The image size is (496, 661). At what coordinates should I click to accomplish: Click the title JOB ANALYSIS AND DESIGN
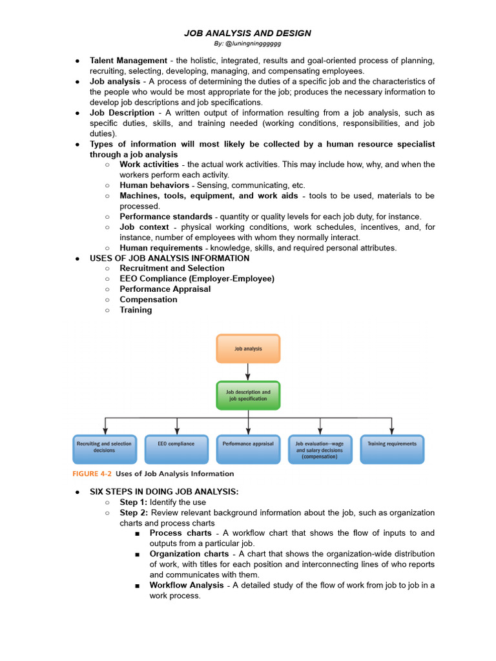248,33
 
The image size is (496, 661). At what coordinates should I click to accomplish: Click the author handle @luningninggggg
247,44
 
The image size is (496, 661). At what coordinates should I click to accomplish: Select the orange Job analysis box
248,349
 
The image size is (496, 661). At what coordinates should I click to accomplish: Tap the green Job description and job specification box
248,395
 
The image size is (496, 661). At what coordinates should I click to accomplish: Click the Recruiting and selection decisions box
104,449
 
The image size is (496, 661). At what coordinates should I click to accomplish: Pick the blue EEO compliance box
176,449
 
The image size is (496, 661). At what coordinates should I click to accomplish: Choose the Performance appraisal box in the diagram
248,449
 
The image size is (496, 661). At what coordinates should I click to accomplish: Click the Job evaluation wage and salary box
320,449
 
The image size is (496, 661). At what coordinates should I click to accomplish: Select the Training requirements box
392,449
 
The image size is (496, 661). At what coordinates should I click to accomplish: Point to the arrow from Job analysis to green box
248,372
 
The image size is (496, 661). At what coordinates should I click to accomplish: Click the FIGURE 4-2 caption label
92,474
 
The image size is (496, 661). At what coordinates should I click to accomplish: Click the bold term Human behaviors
154,185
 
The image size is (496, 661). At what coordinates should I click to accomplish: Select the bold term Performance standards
166,216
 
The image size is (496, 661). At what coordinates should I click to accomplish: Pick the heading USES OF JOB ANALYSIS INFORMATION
169,258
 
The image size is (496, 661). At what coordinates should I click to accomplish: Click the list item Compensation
149,300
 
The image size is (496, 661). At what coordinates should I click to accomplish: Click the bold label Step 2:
134,513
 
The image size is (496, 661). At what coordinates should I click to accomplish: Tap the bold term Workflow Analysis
187,585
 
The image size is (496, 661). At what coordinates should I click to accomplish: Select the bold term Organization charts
189,554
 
